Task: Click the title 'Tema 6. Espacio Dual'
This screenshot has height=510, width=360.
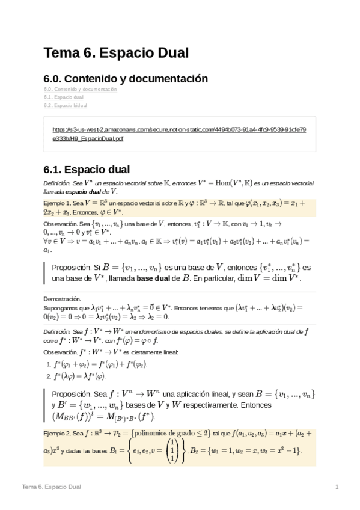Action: coord(117,53)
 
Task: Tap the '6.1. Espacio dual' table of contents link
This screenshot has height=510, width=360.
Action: coord(63,97)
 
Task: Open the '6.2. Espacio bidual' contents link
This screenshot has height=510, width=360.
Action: coord(66,105)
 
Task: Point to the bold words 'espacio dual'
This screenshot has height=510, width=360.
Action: coord(77,190)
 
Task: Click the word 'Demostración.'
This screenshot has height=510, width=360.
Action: coord(62,298)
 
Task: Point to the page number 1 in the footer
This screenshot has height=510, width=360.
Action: coord(337,486)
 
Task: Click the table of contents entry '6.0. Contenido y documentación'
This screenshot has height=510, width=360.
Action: coord(80,88)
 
